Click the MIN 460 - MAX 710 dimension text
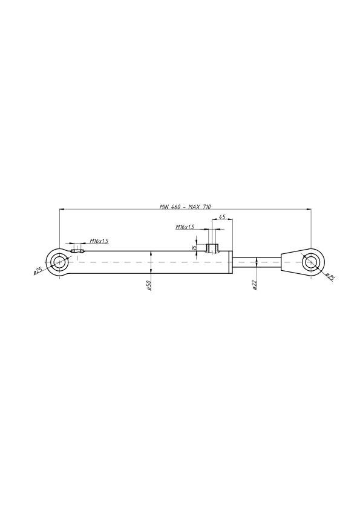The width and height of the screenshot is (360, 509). point(185,207)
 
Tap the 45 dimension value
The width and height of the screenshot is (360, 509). point(222,216)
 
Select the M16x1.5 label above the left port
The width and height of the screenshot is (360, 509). point(99,241)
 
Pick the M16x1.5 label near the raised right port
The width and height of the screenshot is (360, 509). point(185,227)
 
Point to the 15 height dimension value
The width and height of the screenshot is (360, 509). point(194,247)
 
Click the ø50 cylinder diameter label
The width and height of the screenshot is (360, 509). point(148,285)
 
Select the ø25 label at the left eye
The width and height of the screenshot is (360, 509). point(38,270)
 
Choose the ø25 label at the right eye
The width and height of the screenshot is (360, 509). point(330,277)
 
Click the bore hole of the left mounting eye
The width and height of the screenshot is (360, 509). point(59,262)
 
